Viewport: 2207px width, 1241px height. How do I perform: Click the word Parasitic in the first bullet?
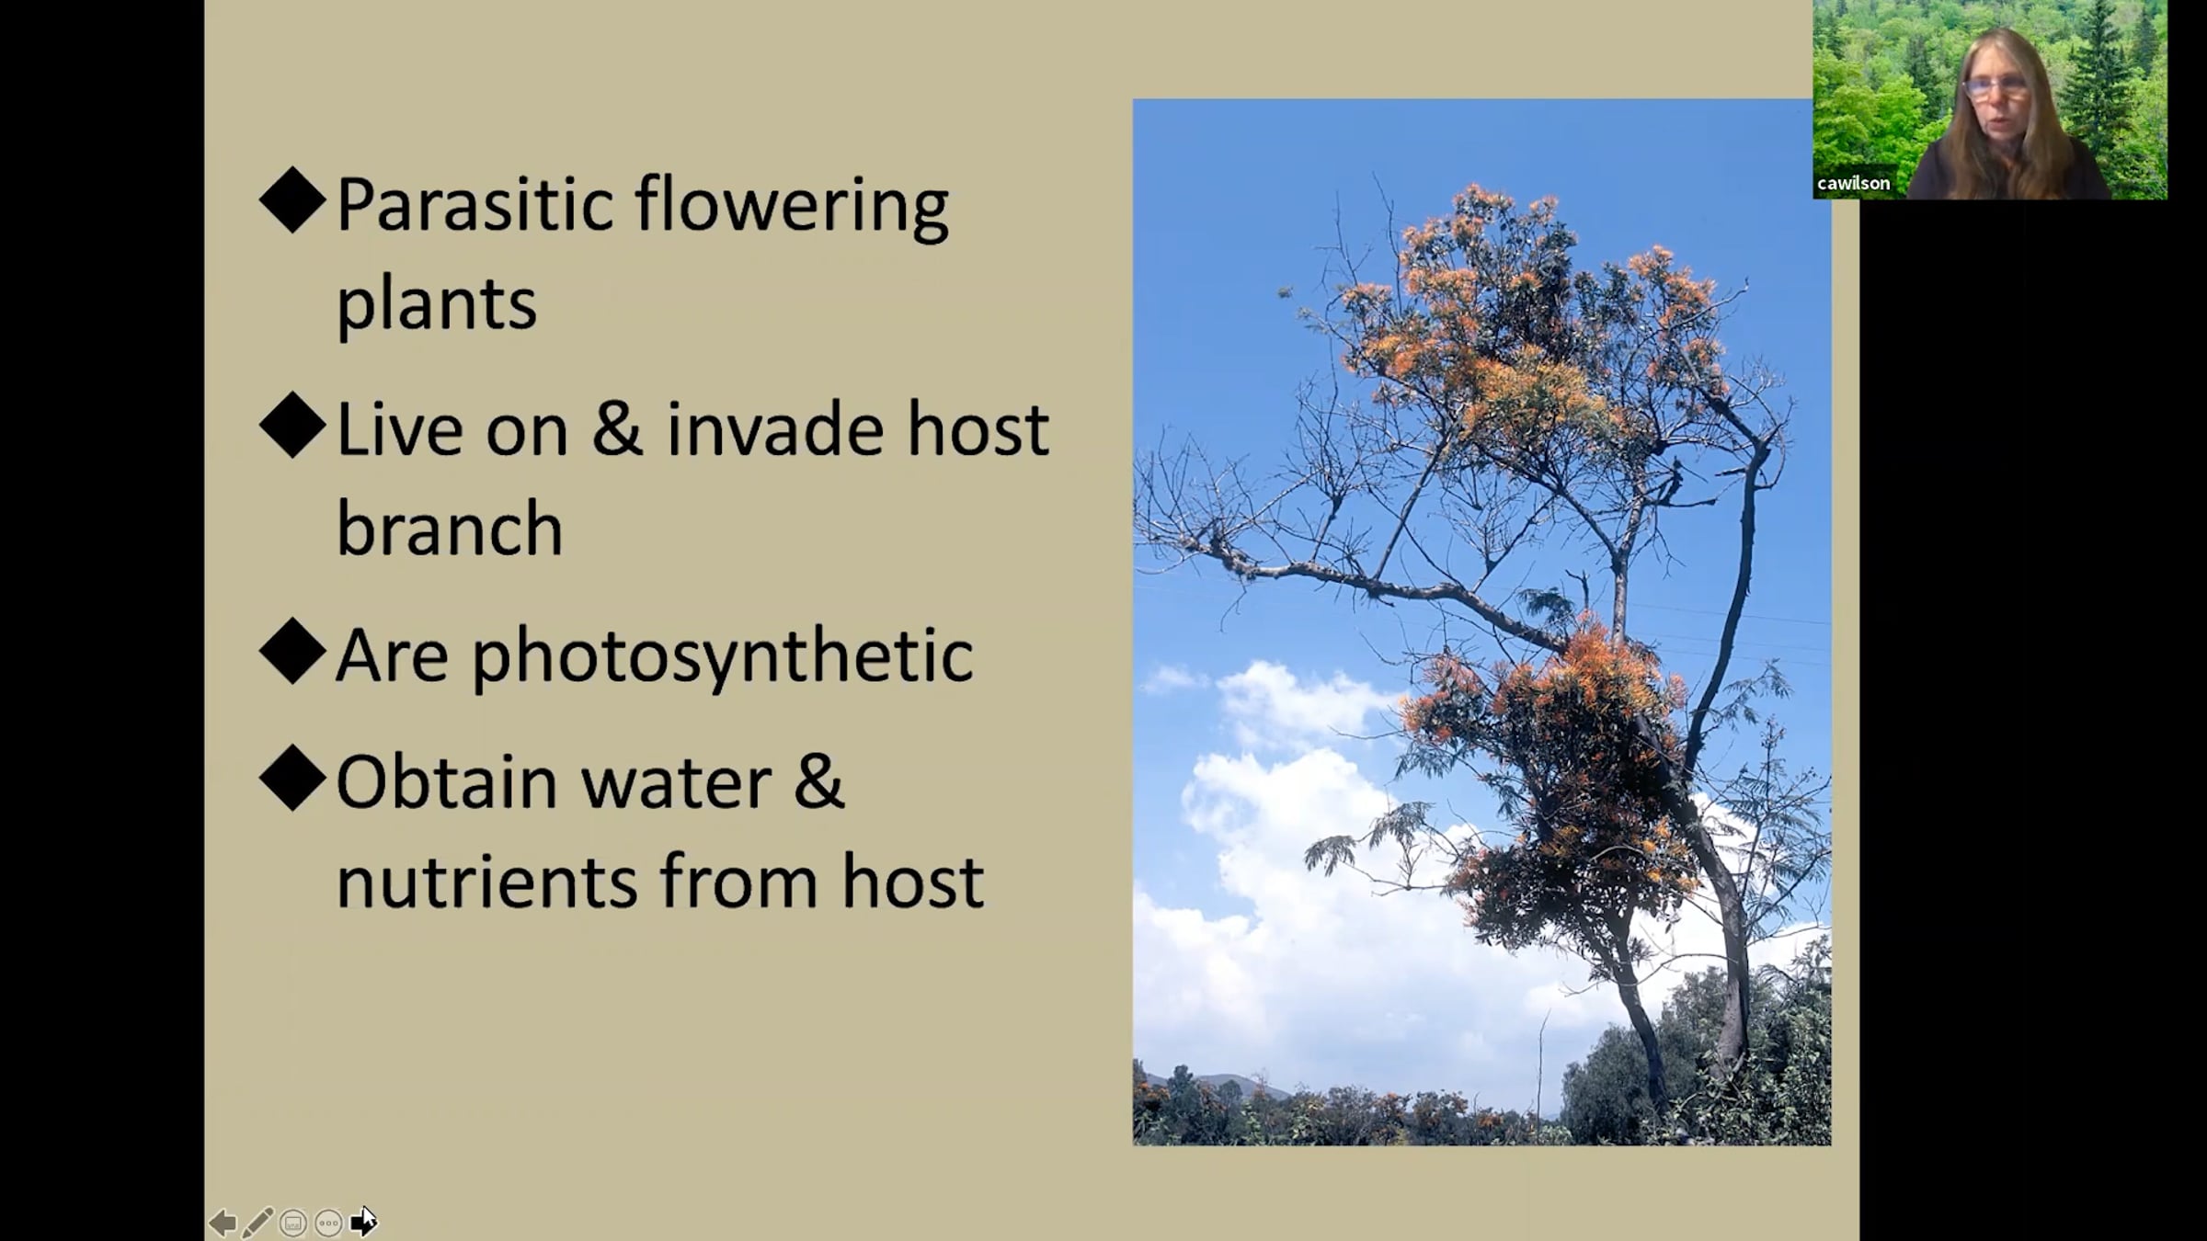(x=475, y=204)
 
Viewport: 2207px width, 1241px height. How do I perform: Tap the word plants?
(x=436, y=303)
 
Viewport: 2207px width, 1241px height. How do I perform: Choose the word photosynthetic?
(x=723, y=657)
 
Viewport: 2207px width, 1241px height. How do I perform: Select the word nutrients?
(x=486, y=882)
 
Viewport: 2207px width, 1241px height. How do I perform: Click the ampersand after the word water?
(x=818, y=782)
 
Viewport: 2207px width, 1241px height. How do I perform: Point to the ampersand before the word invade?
(x=617, y=429)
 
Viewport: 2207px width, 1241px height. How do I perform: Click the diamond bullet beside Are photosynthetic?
(x=293, y=651)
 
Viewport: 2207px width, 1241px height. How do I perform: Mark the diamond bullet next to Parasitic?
(x=293, y=199)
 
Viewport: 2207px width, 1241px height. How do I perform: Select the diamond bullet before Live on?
(x=293, y=425)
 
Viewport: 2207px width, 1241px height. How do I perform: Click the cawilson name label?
(x=1853, y=183)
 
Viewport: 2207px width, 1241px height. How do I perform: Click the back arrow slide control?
(x=223, y=1223)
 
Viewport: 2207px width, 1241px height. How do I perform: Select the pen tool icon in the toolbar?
(x=257, y=1223)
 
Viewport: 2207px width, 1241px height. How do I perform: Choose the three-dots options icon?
(x=328, y=1223)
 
